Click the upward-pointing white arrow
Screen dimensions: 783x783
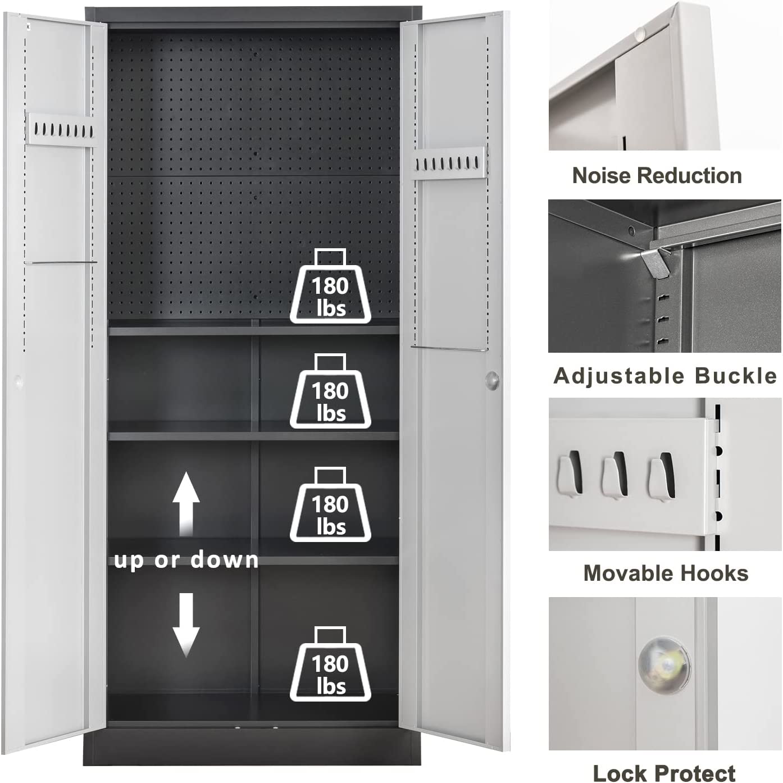(185, 502)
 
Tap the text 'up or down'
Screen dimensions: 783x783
(186, 560)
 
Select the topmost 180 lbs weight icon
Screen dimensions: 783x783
(330, 287)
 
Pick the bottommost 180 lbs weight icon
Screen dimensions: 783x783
(330, 665)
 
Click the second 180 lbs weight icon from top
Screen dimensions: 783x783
(330, 392)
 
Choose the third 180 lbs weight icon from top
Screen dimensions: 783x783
(330, 506)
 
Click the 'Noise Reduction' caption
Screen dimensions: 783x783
(657, 176)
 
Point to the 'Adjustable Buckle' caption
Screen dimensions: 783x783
(665, 376)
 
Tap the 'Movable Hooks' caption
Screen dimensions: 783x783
(666, 573)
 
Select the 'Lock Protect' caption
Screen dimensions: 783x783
(664, 773)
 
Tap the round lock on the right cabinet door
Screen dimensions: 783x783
(492, 380)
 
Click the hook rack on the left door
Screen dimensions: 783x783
(61, 129)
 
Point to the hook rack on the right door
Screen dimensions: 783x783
(449, 163)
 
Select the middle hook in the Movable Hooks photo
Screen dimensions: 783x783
(614, 475)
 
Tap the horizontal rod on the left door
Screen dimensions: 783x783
(61, 262)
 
